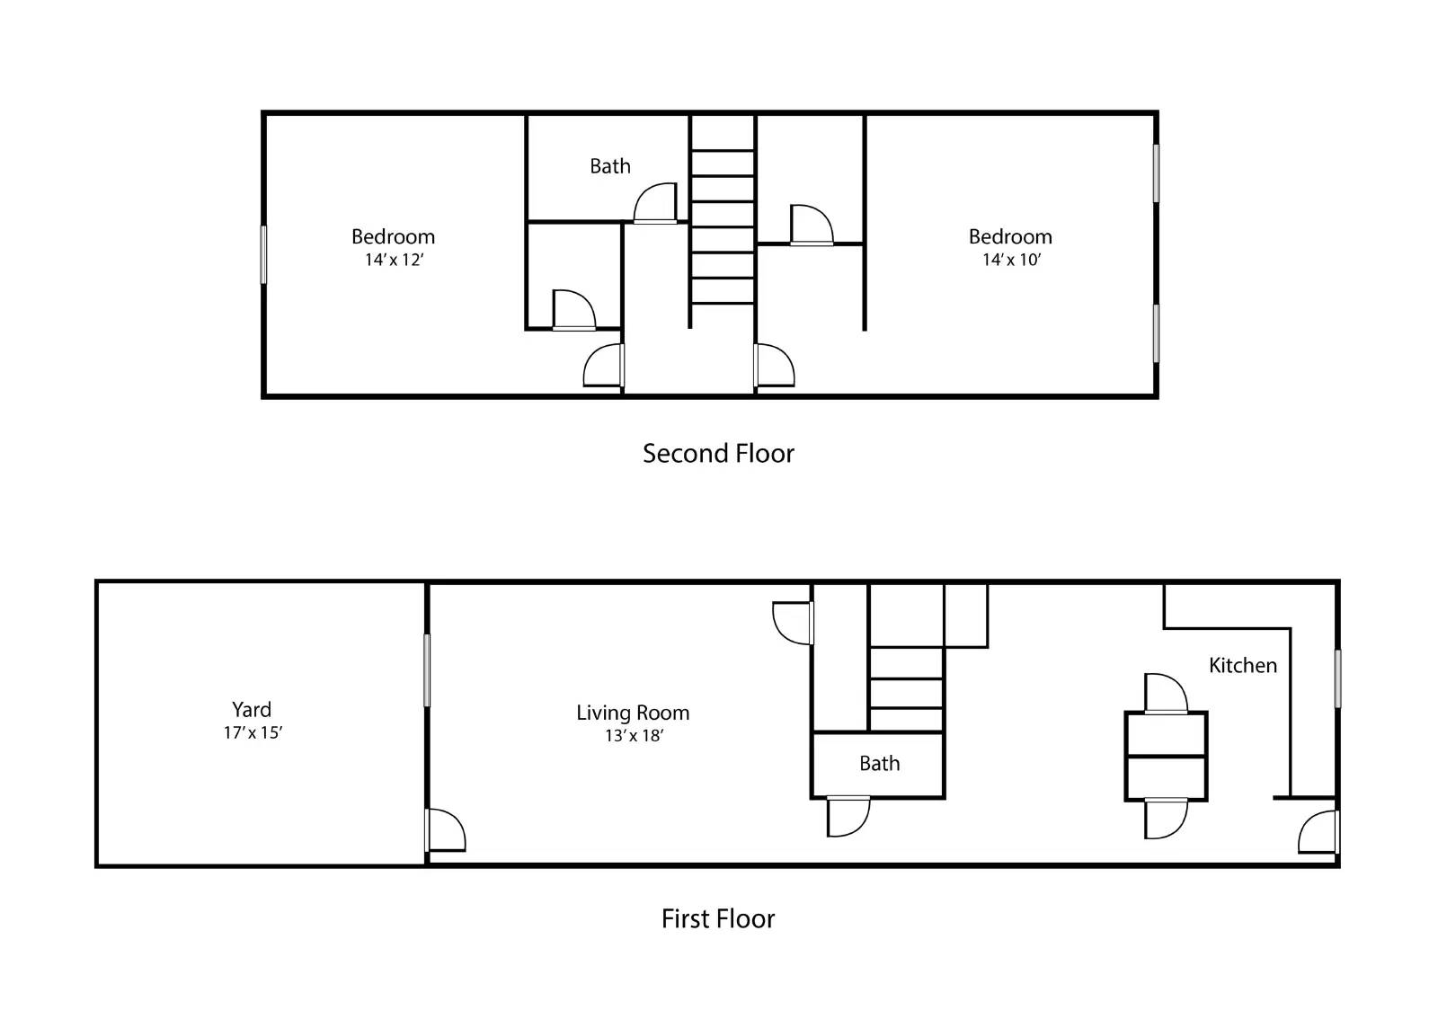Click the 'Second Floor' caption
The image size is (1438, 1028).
(718, 453)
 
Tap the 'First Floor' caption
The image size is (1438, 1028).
(717, 918)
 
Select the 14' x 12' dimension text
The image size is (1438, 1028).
(394, 260)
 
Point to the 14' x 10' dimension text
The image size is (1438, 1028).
(1010, 260)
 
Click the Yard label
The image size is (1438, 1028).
(252, 709)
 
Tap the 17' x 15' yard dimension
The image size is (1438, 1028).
(253, 732)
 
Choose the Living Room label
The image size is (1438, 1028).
(633, 713)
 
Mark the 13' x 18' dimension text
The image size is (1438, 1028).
(634, 736)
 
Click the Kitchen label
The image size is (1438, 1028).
(1242, 665)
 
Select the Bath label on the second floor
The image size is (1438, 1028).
(609, 166)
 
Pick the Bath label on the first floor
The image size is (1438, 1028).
(879, 763)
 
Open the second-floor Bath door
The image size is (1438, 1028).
(655, 205)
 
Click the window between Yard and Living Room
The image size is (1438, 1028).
(427, 669)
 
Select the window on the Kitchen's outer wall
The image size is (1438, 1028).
(1337, 678)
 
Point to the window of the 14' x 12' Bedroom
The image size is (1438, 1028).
(263, 254)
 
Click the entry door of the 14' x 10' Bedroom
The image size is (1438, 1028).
(773, 365)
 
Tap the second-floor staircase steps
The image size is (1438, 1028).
(722, 225)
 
